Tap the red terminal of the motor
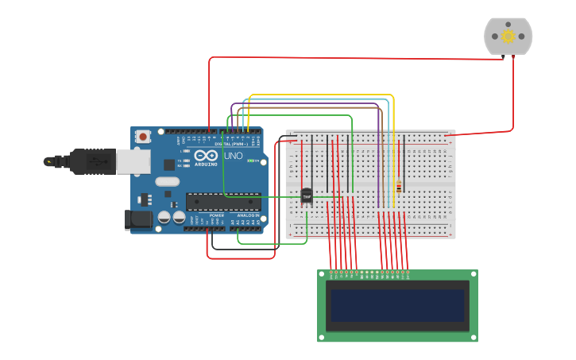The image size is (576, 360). point(513,56)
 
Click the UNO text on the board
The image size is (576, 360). point(234,156)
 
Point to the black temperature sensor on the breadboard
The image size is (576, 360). point(307,195)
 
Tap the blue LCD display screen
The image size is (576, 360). point(397,305)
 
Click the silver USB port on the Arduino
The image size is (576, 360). point(133,161)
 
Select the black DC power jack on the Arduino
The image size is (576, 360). point(139,219)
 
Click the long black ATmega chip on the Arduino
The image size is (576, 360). point(223,201)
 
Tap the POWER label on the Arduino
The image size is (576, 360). point(216,215)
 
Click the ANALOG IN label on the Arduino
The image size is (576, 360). point(249,215)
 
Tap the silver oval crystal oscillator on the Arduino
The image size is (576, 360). point(168,181)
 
